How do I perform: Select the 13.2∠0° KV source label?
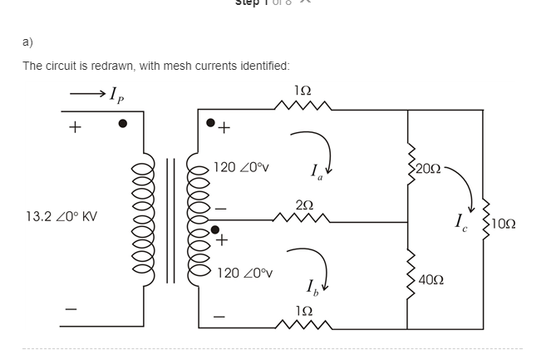click(61, 217)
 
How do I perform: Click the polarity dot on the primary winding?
click(123, 123)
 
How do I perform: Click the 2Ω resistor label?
click(304, 205)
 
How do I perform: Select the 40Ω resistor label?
click(430, 280)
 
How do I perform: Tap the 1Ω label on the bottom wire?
click(303, 310)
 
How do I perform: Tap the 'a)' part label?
click(27, 41)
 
